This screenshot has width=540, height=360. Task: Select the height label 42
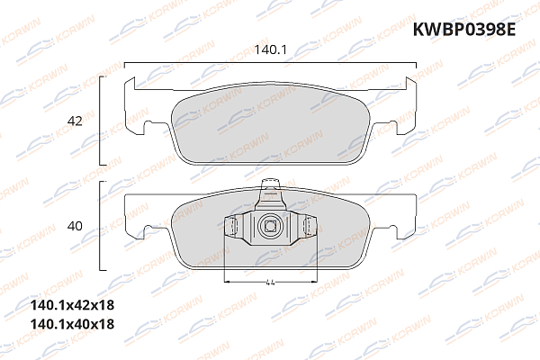[76, 121]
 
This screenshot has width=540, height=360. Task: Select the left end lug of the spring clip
[229, 228]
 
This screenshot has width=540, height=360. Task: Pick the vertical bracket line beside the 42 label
[101, 121]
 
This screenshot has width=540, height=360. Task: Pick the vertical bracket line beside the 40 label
[101, 225]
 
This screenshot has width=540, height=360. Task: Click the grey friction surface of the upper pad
[270, 126]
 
